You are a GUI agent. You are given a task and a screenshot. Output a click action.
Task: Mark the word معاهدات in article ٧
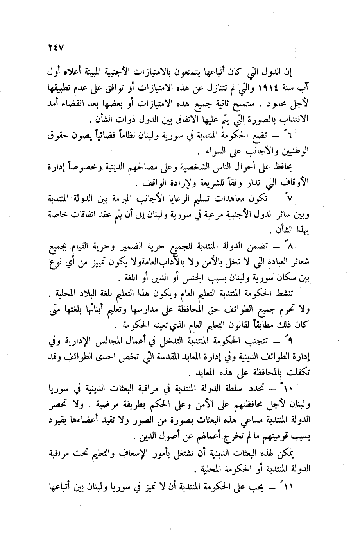click(x=244, y=198)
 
